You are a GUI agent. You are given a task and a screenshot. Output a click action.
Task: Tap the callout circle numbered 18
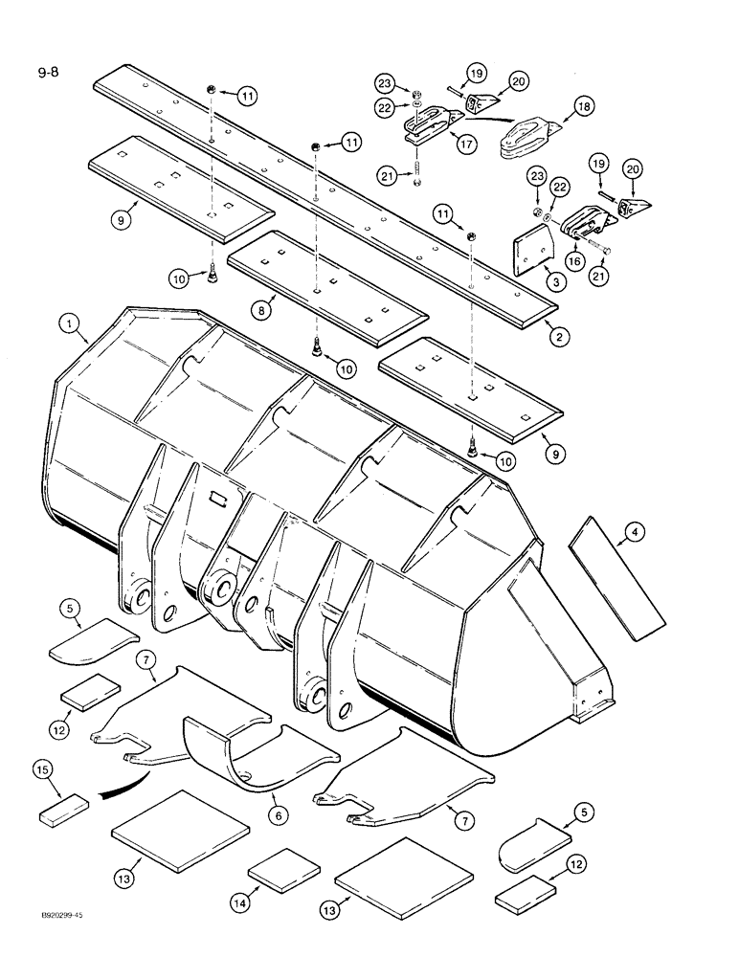(582, 106)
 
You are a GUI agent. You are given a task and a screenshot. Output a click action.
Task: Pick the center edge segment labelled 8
(325, 284)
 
